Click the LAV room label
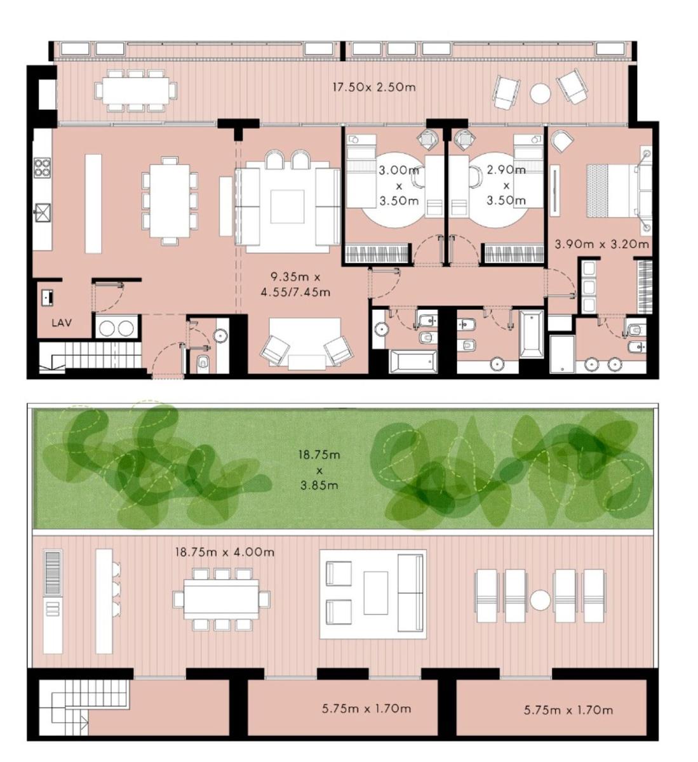click(x=62, y=323)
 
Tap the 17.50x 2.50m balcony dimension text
click(x=374, y=88)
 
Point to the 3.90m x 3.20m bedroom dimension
click(x=601, y=244)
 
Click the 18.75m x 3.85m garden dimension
click(x=319, y=470)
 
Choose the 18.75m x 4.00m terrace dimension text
click(x=225, y=552)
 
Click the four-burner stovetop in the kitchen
click(x=42, y=168)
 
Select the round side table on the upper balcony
click(x=540, y=93)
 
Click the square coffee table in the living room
click(x=287, y=206)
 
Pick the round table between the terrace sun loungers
click(x=540, y=601)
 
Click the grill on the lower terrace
click(x=53, y=573)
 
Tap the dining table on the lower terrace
click(x=222, y=599)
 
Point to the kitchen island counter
click(x=93, y=204)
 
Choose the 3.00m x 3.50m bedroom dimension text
click(x=399, y=186)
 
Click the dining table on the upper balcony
click(x=136, y=91)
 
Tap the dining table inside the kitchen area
click(x=170, y=200)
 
